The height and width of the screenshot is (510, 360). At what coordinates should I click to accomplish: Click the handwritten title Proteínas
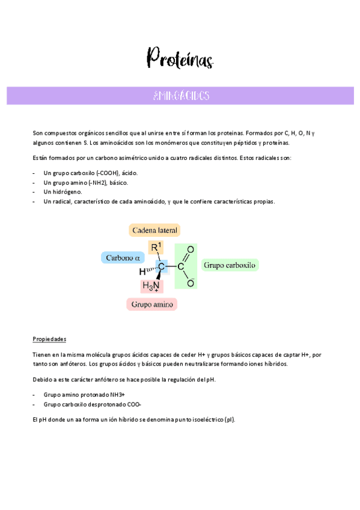180,59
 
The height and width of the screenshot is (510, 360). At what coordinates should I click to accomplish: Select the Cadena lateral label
155,230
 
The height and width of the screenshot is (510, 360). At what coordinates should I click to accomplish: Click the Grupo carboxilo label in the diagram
230,265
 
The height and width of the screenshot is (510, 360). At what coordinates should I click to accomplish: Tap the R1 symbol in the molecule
156,247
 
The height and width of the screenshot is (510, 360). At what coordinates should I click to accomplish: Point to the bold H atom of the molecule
142,271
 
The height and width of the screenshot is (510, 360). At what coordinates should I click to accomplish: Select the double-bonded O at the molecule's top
191,249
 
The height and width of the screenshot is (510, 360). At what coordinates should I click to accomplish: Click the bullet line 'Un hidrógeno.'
63,192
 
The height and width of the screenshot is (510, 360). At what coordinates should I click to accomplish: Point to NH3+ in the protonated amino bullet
114,395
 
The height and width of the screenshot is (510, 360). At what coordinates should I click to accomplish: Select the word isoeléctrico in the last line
202,419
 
